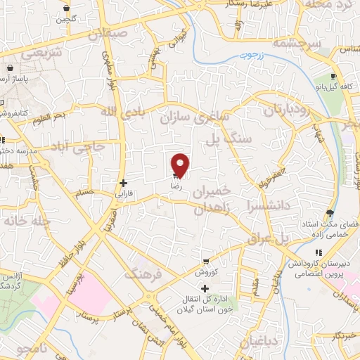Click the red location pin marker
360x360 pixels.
[181, 165]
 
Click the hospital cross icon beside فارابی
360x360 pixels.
[123, 183]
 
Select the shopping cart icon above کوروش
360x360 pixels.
[205, 261]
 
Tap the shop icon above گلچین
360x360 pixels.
[66, 8]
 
